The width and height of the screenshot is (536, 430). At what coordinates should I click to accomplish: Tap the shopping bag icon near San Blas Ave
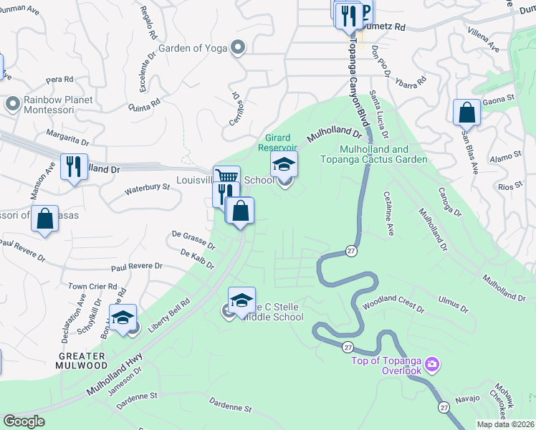click(466, 112)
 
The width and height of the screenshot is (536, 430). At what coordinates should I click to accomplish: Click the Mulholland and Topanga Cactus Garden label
click(383, 154)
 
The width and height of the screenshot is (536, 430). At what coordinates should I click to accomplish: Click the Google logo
click(24, 421)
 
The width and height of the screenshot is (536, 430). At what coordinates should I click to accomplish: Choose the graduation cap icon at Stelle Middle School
click(242, 299)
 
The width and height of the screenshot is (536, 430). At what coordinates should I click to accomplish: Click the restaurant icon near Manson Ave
click(74, 167)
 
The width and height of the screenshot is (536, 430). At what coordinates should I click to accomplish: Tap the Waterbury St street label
click(147, 189)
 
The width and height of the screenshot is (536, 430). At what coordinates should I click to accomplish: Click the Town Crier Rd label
click(92, 286)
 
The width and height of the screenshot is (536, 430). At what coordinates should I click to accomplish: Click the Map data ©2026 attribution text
click(506, 424)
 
